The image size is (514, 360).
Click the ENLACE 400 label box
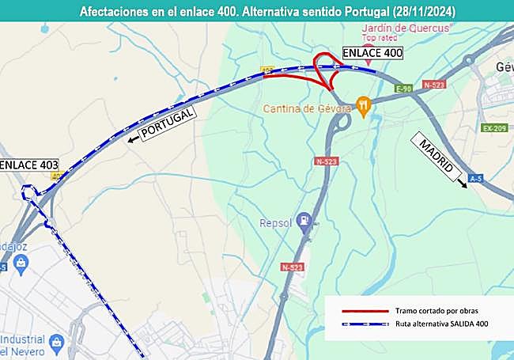(x=372, y=54)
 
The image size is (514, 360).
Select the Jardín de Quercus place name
(x=404, y=28)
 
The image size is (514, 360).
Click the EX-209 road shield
(x=494, y=127)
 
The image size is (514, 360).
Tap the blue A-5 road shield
(x=475, y=179)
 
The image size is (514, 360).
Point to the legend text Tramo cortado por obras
(x=437, y=311)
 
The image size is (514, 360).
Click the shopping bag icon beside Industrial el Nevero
(x=55, y=343)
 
